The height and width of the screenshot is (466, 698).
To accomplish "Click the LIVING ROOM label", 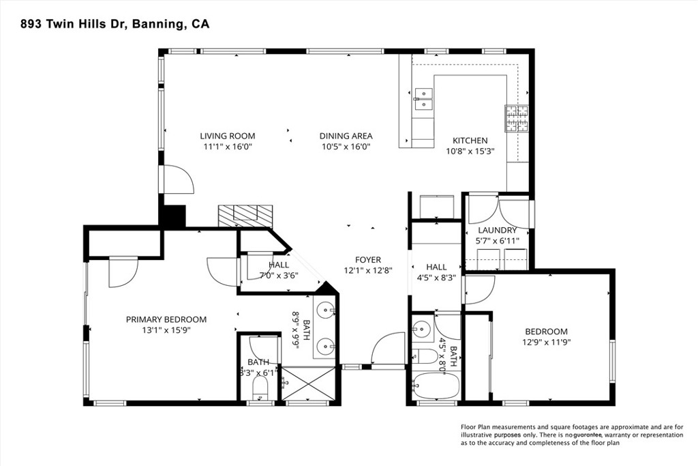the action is pos(228,136).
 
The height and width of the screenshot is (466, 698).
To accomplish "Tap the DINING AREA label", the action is pos(346,136).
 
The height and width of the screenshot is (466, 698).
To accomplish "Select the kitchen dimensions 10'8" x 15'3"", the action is pos(470,151).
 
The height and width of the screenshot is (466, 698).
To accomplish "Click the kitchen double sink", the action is pos(423,98).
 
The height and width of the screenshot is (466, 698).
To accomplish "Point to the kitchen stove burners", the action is pos(516,118).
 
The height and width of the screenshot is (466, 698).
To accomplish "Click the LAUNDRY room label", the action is pos(497,231).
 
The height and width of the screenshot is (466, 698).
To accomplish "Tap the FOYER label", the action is pos(367,260).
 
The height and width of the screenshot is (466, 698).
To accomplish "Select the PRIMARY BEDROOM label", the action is pos(166,319).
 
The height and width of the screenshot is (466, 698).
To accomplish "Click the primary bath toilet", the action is pos(259,388).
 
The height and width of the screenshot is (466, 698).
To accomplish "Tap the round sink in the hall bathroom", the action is pos(421,330).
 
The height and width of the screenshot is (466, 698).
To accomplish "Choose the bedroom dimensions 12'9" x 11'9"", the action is pos(546,342).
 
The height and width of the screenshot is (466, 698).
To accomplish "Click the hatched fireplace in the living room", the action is pos(245,216).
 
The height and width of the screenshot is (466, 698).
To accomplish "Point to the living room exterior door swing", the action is pos(179,179).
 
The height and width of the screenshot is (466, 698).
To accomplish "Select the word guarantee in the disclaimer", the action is pos(588,435).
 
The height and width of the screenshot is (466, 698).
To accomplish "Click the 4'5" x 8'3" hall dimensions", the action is pos(436,278).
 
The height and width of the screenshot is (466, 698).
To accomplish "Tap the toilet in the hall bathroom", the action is pos(425,356).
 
